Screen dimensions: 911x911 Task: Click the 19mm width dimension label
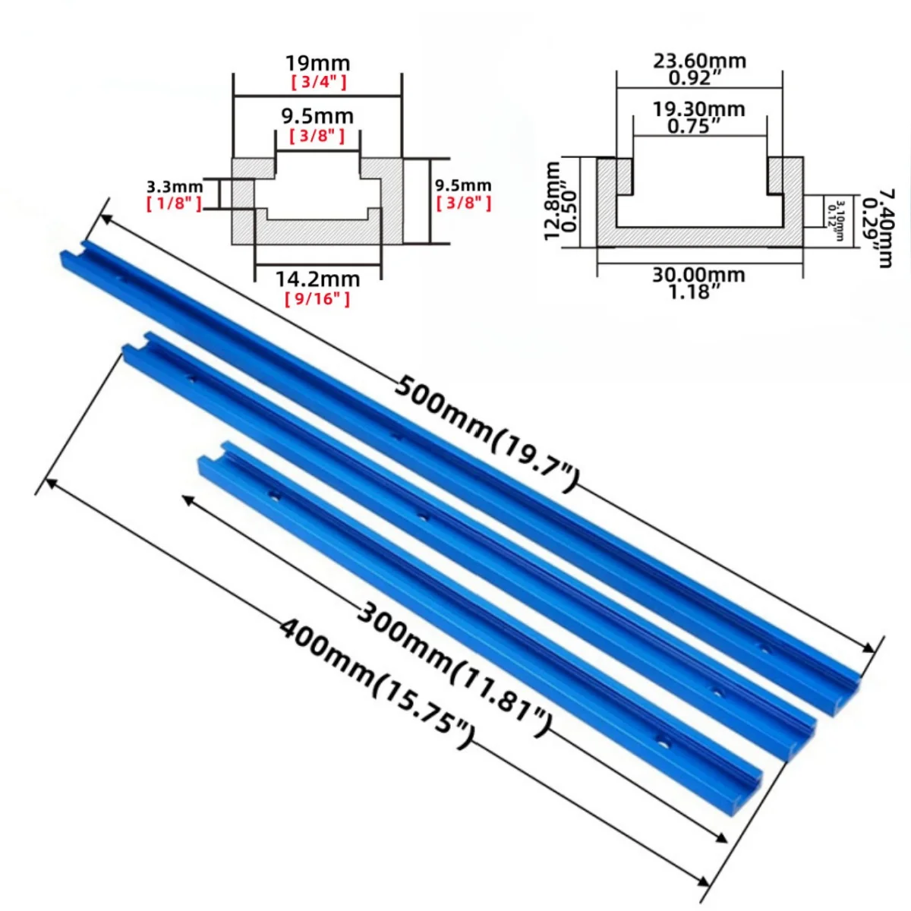317,63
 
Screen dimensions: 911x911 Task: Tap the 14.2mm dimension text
317,279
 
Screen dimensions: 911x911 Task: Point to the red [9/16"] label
317,299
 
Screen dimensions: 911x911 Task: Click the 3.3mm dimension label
174,187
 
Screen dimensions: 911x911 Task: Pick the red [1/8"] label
174,203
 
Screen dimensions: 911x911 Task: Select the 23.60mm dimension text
699,60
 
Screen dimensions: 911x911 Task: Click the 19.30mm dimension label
699,109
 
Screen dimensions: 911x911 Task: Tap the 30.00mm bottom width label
699,274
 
